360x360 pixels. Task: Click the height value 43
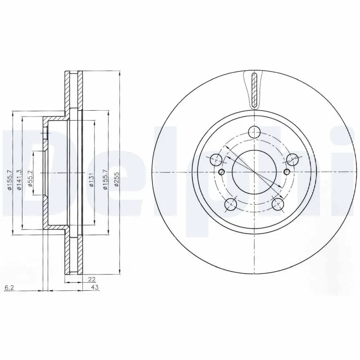(95, 287)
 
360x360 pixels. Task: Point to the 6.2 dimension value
(8, 287)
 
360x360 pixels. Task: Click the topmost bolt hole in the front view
(255, 132)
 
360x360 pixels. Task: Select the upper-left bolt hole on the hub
(216, 159)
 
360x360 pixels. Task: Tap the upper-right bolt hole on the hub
(293, 159)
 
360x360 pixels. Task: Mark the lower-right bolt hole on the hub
(279, 205)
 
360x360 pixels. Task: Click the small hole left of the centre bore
(220, 173)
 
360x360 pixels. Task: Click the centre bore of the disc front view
(255, 173)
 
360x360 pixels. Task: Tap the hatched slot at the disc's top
(255, 90)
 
